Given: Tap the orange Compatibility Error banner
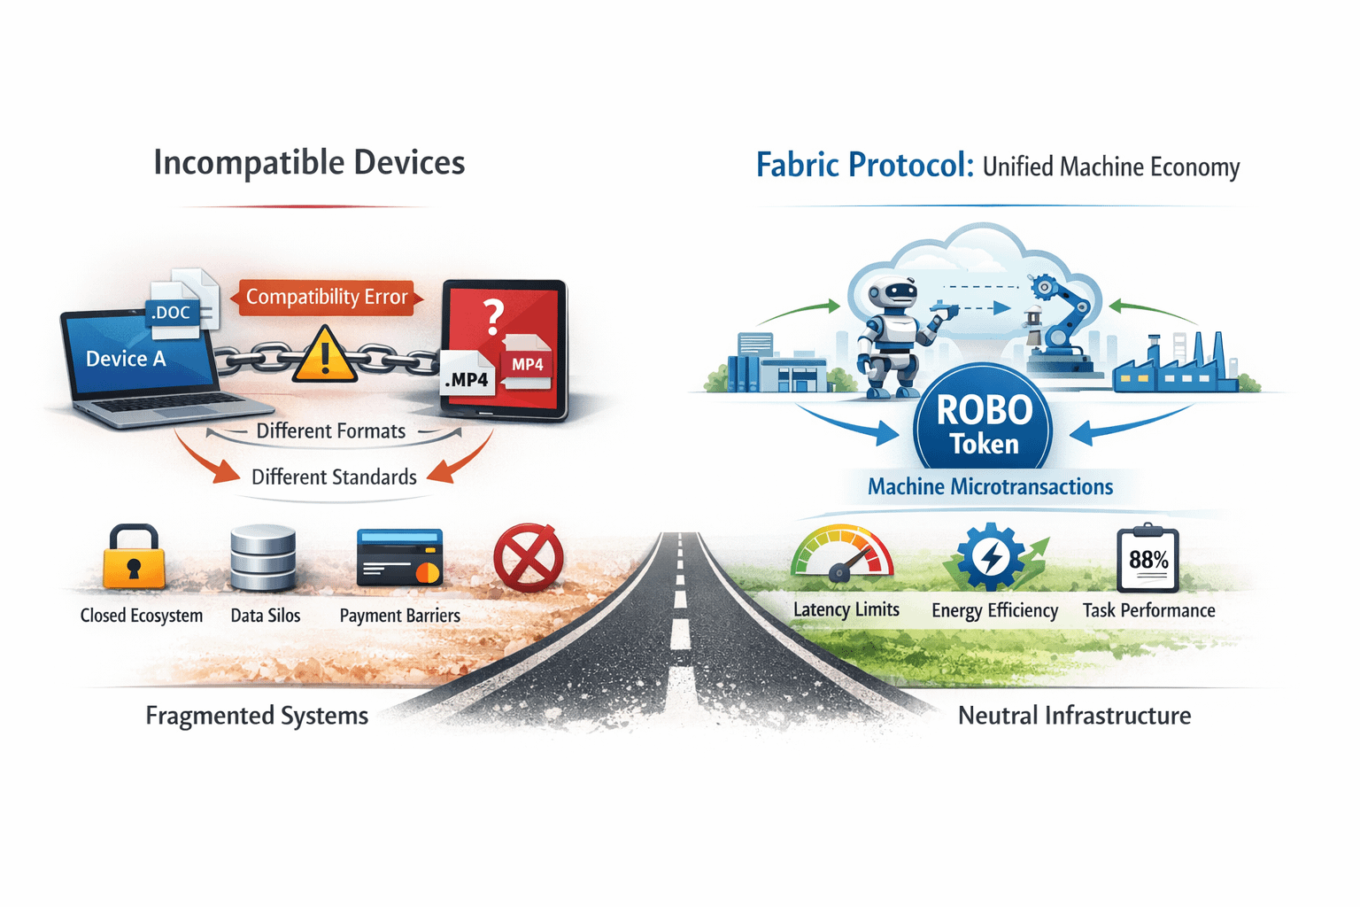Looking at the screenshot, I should [327, 297].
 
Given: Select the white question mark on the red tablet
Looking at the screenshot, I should [493, 316].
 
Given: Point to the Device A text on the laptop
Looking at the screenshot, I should [126, 359].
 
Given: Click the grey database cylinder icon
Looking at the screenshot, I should [263, 558].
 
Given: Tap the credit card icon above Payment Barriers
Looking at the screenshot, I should [399, 558].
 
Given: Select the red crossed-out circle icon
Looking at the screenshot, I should [528, 558].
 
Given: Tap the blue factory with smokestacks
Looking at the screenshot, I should [1173, 363].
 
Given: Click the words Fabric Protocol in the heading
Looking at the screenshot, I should [864, 166].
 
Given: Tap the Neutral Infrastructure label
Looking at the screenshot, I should [1074, 716].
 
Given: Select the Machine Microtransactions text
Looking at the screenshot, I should [990, 487].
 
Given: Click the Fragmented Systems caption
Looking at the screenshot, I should [257, 716].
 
